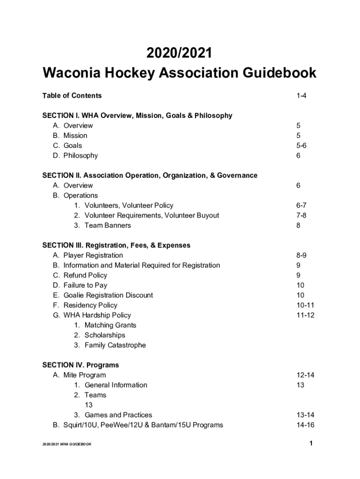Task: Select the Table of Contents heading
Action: tap(72, 96)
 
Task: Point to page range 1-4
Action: tap(301, 96)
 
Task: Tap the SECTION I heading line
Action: tap(137, 116)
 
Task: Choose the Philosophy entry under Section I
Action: tap(80, 156)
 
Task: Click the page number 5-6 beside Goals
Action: tap(301, 145)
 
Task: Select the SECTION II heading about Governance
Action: tap(150, 175)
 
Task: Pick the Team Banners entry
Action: tap(108, 225)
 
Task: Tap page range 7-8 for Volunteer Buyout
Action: tap(301, 216)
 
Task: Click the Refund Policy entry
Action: tap(85, 276)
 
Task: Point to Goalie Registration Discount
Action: tap(108, 295)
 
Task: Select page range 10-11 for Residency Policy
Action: tap(305, 305)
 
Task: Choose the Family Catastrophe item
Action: tap(115, 345)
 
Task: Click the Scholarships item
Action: tap(105, 335)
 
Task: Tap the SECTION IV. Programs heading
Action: tap(80, 365)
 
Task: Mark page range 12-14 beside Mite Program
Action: tap(305, 375)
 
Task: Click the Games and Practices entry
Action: tap(118, 415)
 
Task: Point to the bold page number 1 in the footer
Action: tap(310, 443)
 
